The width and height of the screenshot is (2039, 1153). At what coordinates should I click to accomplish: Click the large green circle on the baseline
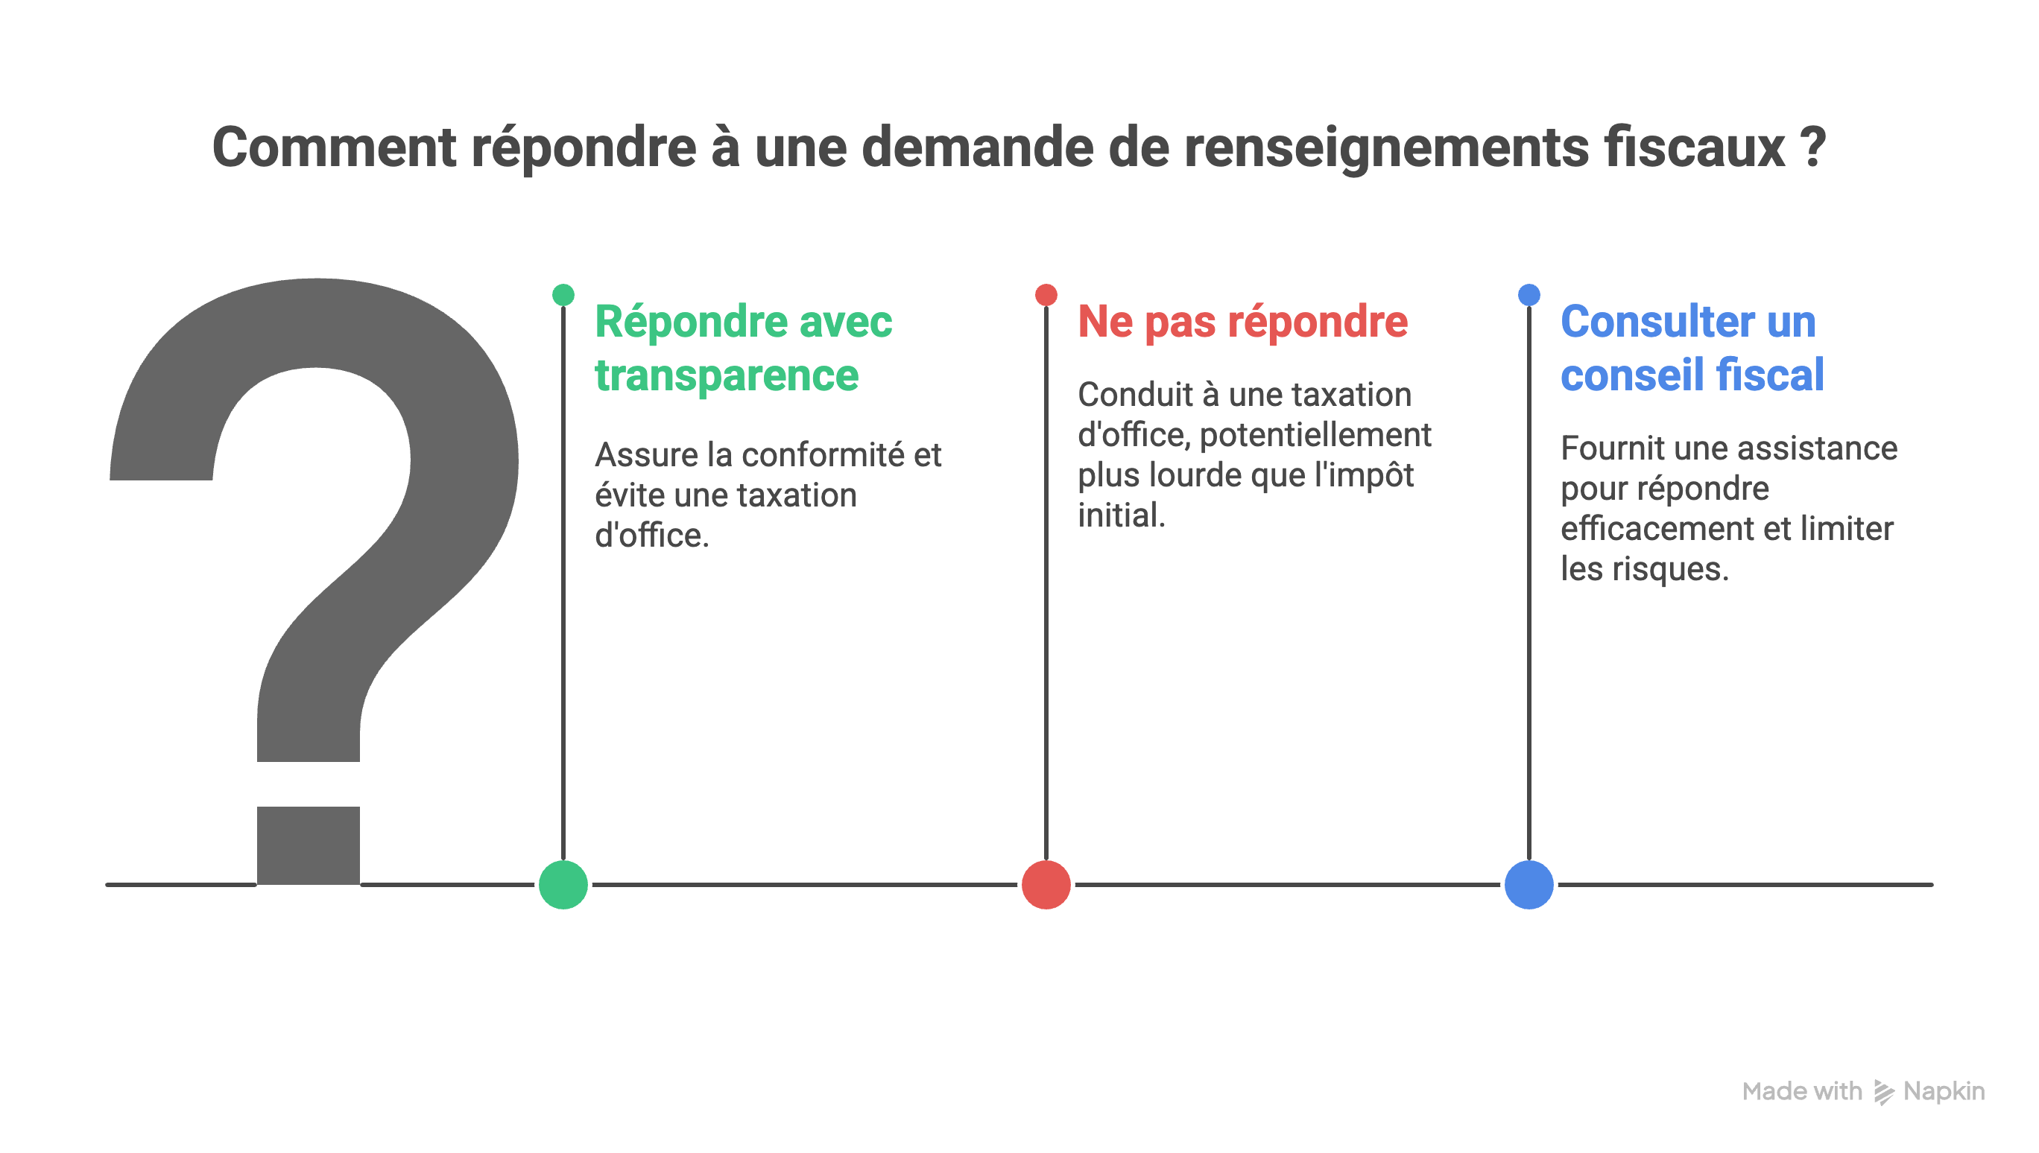(x=563, y=885)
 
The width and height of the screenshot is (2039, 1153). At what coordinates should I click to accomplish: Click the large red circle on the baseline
(x=1046, y=885)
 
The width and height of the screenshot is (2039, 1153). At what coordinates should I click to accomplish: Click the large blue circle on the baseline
(x=1529, y=885)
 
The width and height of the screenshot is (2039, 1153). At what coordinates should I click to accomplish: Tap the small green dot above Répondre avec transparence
(x=563, y=295)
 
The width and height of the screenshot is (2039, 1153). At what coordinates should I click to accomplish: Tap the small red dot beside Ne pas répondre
(x=1046, y=295)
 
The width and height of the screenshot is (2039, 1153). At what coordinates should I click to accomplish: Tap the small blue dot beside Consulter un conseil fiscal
(x=1529, y=295)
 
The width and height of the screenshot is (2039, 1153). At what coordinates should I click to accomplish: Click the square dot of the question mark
(x=308, y=843)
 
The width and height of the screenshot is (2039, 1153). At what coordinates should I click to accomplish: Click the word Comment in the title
(x=333, y=147)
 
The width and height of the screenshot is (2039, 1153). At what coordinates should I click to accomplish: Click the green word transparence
(x=727, y=375)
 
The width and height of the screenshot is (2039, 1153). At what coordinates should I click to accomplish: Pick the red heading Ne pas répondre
(x=1242, y=323)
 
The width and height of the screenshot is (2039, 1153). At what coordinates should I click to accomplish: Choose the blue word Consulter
(x=1648, y=322)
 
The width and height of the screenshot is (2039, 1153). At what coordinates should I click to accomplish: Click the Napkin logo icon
(x=1883, y=1092)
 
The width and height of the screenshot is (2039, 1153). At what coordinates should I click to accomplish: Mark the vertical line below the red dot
(x=1046, y=578)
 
